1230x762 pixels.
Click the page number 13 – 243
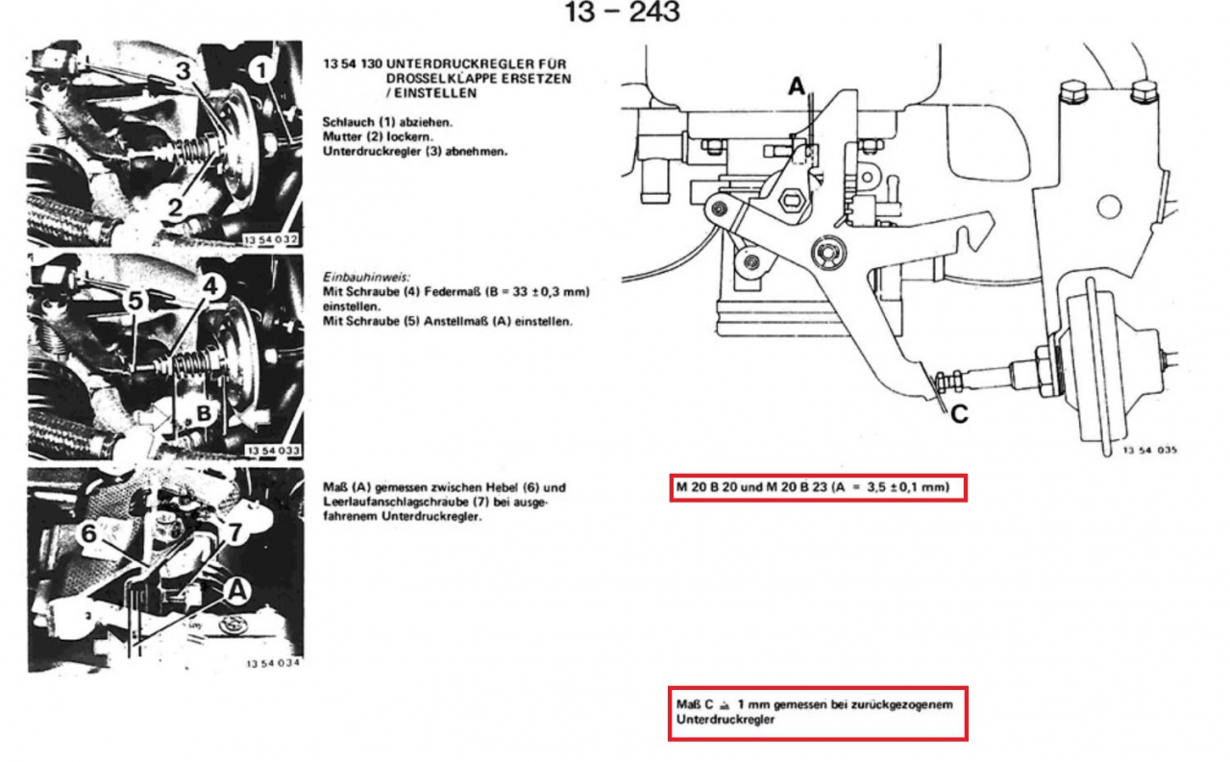click(x=622, y=12)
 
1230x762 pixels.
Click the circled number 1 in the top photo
click(x=260, y=71)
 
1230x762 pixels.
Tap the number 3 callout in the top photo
click(x=184, y=71)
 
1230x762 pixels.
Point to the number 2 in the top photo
click(x=175, y=209)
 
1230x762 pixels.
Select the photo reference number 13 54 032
click(x=271, y=239)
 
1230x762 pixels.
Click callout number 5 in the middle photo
click(x=135, y=301)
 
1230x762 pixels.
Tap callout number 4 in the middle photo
click(x=210, y=285)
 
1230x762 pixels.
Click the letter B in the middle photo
click(x=204, y=413)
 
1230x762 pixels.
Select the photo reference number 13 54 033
click(x=273, y=451)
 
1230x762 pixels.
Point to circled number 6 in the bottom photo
click(x=89, y=533)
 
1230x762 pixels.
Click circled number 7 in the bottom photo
click(x=235, y=532)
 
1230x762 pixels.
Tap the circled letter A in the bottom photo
click(x=237, y=591)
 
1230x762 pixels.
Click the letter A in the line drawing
click(x=797, y=86)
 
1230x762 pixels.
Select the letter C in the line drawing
click(x=959, y=414)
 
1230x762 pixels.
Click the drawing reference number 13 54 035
click(x=1150, y=450)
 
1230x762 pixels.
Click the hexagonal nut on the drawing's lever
click(x=791, y=201)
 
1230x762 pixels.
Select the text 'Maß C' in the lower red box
click(x=695, y=704)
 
